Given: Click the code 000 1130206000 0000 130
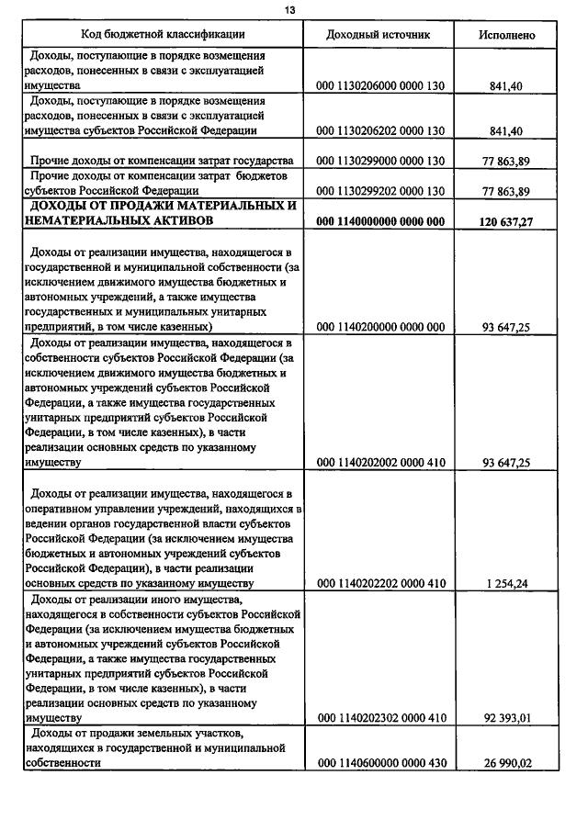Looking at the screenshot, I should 379,85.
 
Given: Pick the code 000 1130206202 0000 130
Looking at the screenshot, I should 379,131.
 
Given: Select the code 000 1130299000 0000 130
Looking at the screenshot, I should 379,161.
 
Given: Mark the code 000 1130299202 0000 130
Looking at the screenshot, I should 379,191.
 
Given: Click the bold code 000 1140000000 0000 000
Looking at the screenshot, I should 379,221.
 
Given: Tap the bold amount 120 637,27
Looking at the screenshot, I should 506,221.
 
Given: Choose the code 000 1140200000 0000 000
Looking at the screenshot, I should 379,326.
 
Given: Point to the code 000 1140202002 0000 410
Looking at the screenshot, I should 379,462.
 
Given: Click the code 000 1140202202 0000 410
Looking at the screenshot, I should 379,583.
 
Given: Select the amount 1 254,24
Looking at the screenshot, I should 506,583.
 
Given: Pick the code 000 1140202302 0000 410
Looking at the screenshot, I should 379,718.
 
